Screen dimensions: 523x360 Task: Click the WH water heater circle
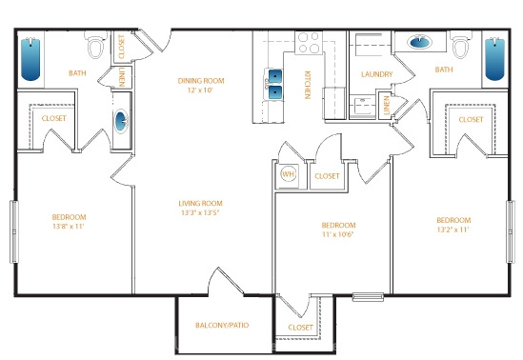pyautogui.click(x=289, y=174)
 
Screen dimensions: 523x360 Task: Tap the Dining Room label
pyautogui.click(x=201, y=81)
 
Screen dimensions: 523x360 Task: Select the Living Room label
pyautogui.click(x=200, y=204)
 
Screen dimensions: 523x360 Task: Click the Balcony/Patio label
pyautogui.click(x=222, y=325)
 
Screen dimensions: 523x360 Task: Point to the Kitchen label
pyautogui.click(x=308, y=85)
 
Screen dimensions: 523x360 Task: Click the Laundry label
pyautogui.click(x=377, y=74)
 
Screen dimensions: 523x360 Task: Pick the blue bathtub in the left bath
pyautogui.click(x=30, y=59)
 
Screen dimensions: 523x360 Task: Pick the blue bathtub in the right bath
pyautogui.click(x=494, y=59)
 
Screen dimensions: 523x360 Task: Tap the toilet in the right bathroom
pyautogui.click(x=461, y=45)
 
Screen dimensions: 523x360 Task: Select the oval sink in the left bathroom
pyautogui.click(x=121, y=121)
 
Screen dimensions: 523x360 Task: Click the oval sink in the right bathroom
pyautogui.click(x=419, y=42)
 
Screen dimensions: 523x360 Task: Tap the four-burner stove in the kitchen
pyautogui.click(x=309, y=43)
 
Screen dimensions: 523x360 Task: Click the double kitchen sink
pyautogui.click(x=274, y=85)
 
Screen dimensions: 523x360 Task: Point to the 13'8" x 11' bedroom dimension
pyautogui.click(x=69, y=227)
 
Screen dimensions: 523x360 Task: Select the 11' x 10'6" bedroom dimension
pyautogui.click(x=337, y=234)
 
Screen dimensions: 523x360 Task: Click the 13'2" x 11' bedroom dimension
pyautogui.click(x=453, y=230)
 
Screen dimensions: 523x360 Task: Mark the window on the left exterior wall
pyautogui.click(x=14, y=231)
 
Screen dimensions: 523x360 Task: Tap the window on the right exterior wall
pyautogui.click(x=511, y=231)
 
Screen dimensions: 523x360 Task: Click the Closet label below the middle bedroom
pyautogui.click(x=300, y=328)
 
